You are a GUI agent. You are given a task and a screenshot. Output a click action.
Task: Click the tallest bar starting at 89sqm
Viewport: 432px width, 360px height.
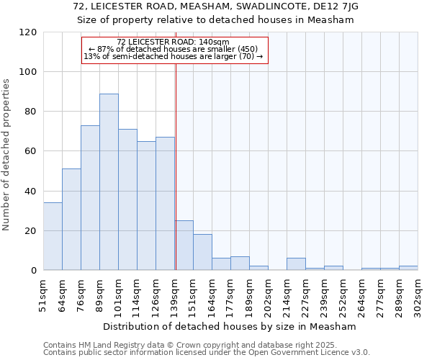(109, 182)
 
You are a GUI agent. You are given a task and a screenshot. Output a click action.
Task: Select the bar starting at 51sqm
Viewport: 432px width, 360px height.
(53, 236)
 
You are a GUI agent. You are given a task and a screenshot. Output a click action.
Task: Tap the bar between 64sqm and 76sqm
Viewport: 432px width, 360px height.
(71, 220)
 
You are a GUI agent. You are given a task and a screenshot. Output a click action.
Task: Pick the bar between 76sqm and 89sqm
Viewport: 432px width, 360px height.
(90, 198)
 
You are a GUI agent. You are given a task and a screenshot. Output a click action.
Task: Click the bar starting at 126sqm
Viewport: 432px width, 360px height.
(165, 204)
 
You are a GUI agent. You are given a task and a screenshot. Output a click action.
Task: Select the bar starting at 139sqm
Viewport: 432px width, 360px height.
(184, 246)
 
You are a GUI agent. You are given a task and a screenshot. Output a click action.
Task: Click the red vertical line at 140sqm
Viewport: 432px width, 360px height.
(176, 166)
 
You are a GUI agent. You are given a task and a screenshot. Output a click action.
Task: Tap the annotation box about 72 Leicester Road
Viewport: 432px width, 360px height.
(174, 50)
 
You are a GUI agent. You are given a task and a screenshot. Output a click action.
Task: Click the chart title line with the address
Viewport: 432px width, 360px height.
(216, 6)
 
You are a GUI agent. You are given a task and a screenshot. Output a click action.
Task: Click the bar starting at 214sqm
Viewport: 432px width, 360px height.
(296, 264)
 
